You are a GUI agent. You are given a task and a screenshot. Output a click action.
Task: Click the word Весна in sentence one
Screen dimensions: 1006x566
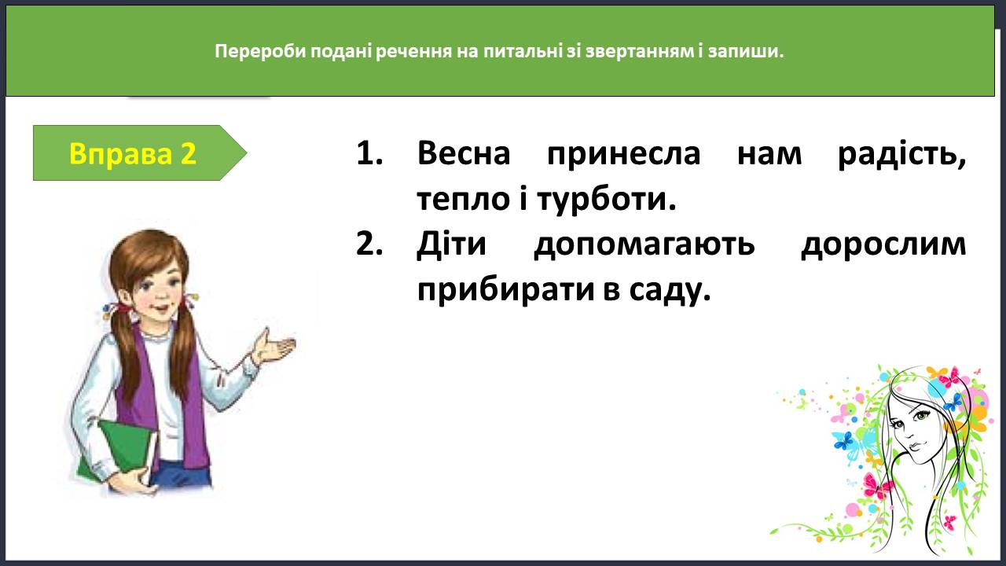tap(464, 153)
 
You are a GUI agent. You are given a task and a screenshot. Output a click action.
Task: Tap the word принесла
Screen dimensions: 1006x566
tap(623, 155)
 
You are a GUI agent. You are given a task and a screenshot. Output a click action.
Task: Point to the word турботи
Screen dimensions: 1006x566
tap(606, 199)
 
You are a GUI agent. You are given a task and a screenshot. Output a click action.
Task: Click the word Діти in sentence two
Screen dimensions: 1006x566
tap(451, 244)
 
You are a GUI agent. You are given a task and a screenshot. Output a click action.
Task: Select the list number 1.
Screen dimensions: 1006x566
tap(369, 153)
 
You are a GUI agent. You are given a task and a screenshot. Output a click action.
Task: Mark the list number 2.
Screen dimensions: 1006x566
tap(369, 244)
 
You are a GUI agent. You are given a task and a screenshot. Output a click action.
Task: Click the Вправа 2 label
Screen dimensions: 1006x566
tap(133, 153)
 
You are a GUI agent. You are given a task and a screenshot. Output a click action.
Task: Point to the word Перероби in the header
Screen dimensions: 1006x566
tap(260, 52)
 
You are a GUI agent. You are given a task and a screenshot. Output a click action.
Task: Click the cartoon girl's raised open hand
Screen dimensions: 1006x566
tap(275, 347)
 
